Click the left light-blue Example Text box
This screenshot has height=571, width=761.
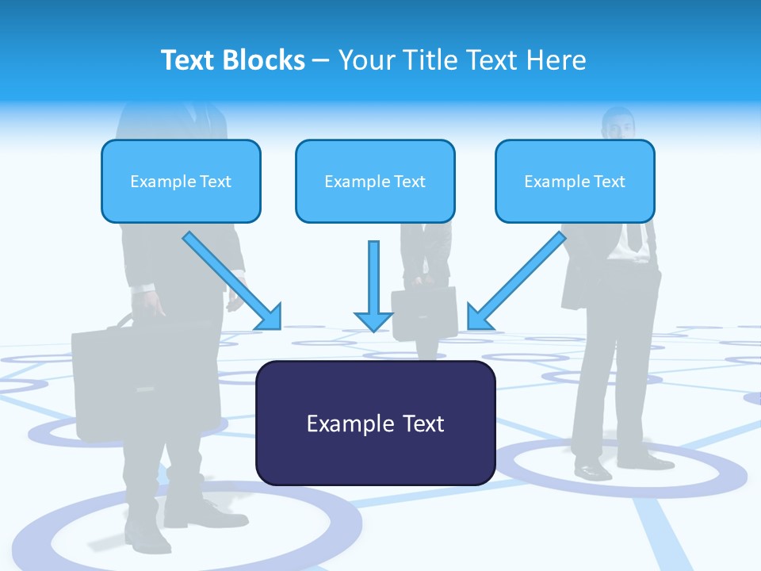(181, 182)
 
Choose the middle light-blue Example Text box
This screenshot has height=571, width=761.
(375, 182)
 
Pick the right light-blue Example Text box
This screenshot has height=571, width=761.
(575, 182)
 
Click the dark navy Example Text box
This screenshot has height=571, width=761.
(375, 423)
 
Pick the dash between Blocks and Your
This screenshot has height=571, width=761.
(321, 60)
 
